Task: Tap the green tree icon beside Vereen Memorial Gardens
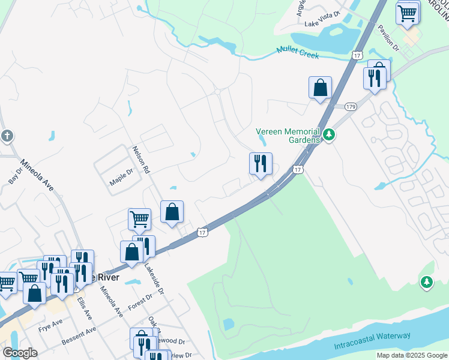coord(328,134)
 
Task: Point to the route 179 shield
coord(351,106)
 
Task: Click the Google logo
coord(20,353)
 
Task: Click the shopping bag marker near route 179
coord(321,88)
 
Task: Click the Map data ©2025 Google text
coord(411,355)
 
